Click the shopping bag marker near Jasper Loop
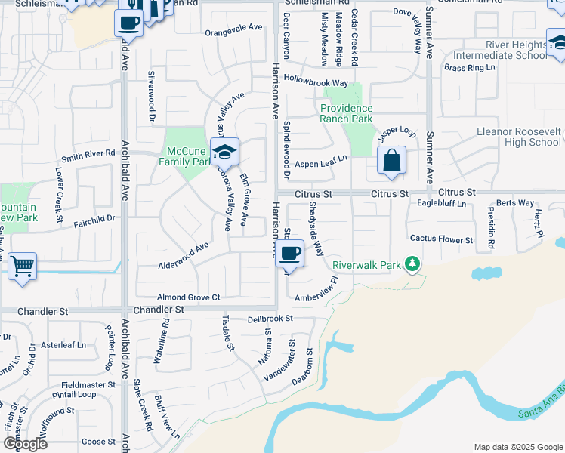point(391,161)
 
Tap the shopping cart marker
point(22,266)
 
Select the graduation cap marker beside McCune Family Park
point(224,153)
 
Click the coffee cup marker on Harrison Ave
point(289,254)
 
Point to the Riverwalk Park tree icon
point(412,263)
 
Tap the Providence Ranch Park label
point(346,113)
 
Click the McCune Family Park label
point(184,156)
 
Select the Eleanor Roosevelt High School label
point(517,137)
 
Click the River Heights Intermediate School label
point(499,50)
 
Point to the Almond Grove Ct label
point(188,297)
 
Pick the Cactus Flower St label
point(441,239)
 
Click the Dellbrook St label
point(270,319)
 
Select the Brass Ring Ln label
point(469,68)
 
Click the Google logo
point(24,444)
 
